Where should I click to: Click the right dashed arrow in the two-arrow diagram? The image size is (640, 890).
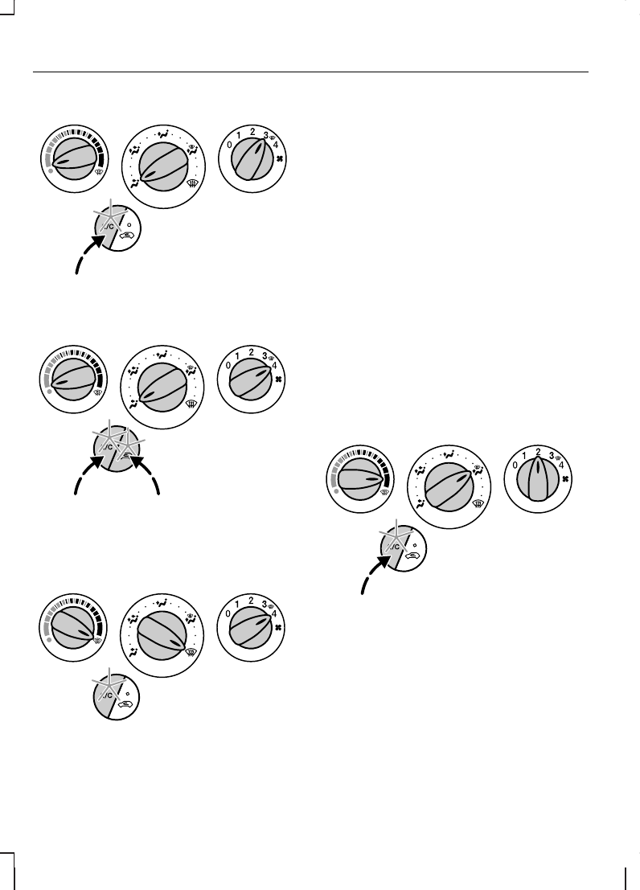[x=149, y=479]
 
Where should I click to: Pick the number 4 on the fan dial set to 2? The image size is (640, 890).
[x=560, y=465]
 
